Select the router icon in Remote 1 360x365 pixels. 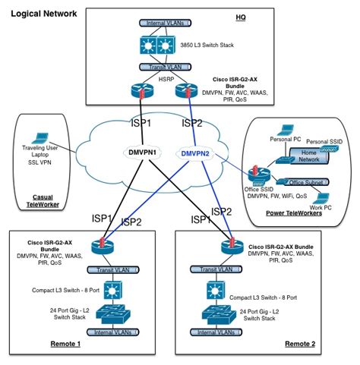pyautogui.click(x=98, y=244)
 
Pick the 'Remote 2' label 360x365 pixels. pyautogui.click(x=300, y=344)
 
